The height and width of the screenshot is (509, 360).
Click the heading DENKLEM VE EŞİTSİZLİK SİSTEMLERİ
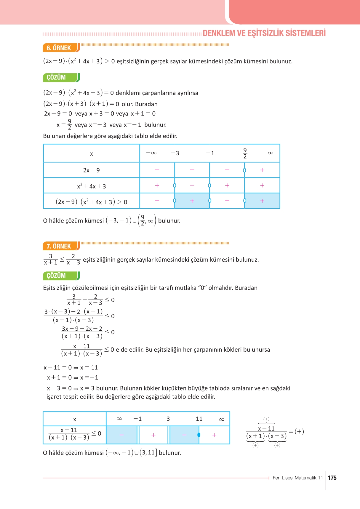point(264,33)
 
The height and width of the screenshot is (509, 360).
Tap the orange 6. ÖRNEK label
point(59,48)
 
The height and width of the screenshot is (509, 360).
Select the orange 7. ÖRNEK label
point(59,246)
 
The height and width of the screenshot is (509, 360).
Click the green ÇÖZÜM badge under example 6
point(56,78)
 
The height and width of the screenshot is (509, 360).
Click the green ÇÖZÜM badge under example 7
point(56,276)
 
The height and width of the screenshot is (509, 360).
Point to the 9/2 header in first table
point(245,153)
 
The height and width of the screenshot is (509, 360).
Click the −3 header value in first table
point(175,153)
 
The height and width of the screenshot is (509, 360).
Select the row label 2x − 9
point(91,170)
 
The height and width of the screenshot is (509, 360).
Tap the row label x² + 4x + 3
point(91,186)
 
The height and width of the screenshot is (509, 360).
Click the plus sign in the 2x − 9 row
point(262,170)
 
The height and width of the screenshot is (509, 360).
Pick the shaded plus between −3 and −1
point(192,201)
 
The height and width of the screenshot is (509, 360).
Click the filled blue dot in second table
point(199,435)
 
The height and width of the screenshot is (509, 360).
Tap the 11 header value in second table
point(199,419)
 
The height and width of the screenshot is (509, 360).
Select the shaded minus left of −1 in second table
point(121,435)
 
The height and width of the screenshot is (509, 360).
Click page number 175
point(332,478)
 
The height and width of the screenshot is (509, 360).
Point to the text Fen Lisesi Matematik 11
point(297,478)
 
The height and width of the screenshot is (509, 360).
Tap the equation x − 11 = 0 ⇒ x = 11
point(71,368)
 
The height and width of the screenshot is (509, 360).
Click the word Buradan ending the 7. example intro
point(246,288)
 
